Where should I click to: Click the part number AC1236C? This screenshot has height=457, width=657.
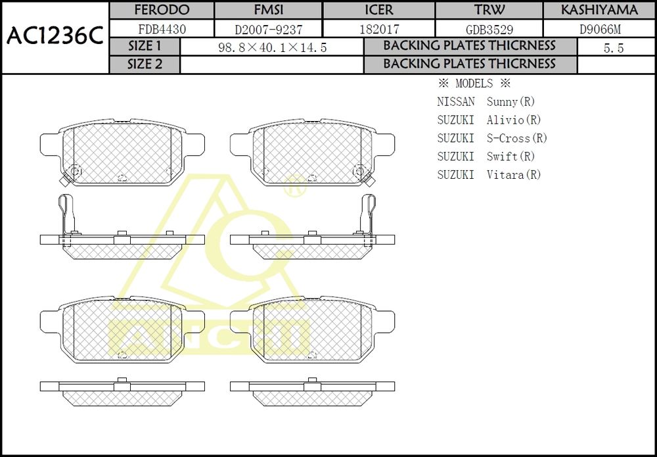click(x=55, y=37)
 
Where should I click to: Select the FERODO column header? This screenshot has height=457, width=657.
click(x=162, y=10)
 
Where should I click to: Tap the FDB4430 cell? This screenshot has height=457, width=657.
click(x=162, y=29)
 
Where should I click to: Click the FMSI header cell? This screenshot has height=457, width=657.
click(x=269, y=10)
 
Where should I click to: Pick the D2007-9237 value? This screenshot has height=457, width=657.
click(x=269, y=30)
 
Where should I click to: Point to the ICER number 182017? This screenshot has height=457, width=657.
click(x=379, y=29)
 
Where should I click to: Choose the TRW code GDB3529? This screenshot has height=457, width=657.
click(x=489, y=30)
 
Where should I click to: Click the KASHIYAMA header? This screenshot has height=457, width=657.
click(x=600, y=10)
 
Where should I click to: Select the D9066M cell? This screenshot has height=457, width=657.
click(x=600, y=29)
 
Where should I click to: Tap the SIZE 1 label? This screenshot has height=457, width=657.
click(x=145, y=46)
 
